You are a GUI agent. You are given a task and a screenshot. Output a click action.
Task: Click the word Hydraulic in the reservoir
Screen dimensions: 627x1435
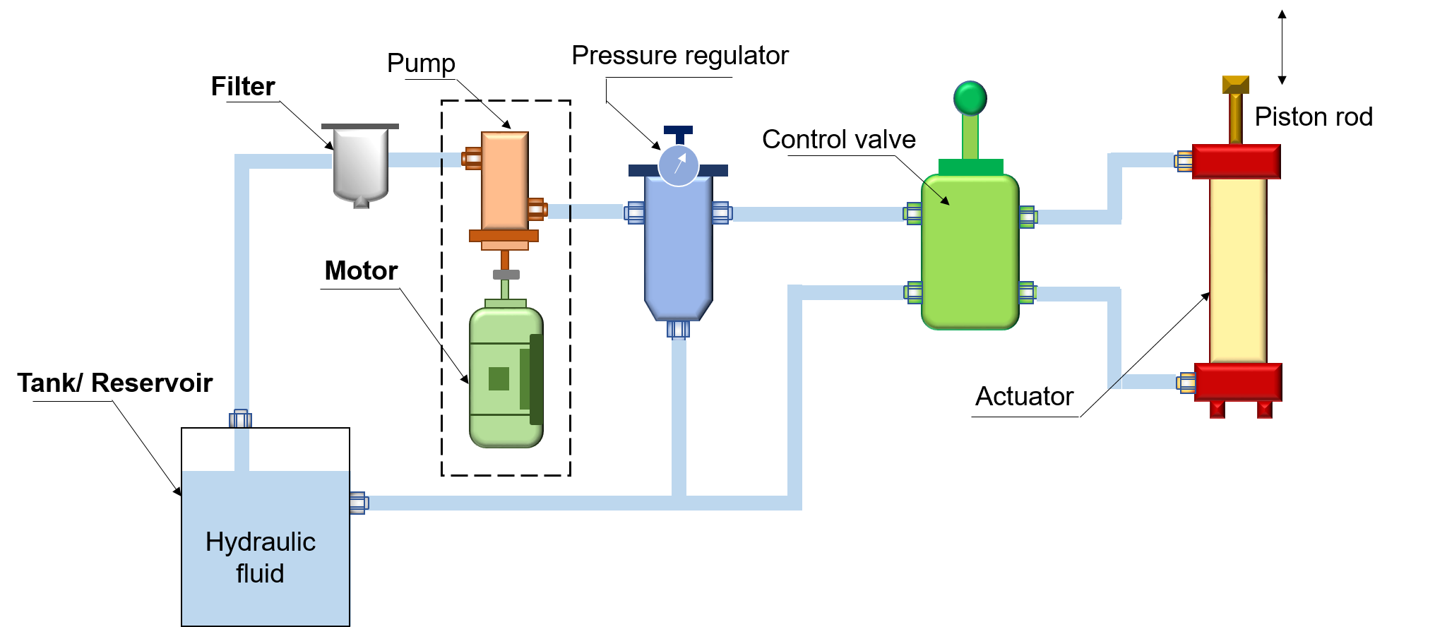click(260, 542)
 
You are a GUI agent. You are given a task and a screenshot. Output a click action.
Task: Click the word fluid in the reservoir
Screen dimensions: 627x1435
click(260, 573)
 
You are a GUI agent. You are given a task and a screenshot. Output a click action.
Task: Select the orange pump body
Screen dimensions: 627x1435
click(504, 181)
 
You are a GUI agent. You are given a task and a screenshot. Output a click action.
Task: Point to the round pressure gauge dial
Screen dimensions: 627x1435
click(678, 166)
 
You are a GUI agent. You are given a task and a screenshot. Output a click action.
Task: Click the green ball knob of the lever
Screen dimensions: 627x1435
click(970, 97)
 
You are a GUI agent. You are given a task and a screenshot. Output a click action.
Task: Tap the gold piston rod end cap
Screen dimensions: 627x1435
click(1235, 85)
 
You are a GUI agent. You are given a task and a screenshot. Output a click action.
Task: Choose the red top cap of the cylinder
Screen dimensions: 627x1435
click(1236, 161)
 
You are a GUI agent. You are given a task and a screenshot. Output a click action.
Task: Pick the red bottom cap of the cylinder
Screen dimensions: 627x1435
click(1237, 382)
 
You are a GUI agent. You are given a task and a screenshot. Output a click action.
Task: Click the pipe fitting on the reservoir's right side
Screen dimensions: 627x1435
click(359, 503)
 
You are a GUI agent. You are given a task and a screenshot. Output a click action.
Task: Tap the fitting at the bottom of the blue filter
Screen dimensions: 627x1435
click(678, 329)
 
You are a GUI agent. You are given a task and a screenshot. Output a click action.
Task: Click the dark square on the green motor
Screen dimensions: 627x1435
click(499, 378)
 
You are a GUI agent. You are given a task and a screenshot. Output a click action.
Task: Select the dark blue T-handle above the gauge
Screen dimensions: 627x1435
click(678, 131)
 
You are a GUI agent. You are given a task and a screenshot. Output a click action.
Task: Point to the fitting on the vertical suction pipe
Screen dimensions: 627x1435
click(240, 419)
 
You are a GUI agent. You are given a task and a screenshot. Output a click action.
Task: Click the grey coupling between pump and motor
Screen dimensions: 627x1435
click(506, 274)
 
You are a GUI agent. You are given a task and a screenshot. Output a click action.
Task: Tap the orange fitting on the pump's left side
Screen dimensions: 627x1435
click(472, 159)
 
